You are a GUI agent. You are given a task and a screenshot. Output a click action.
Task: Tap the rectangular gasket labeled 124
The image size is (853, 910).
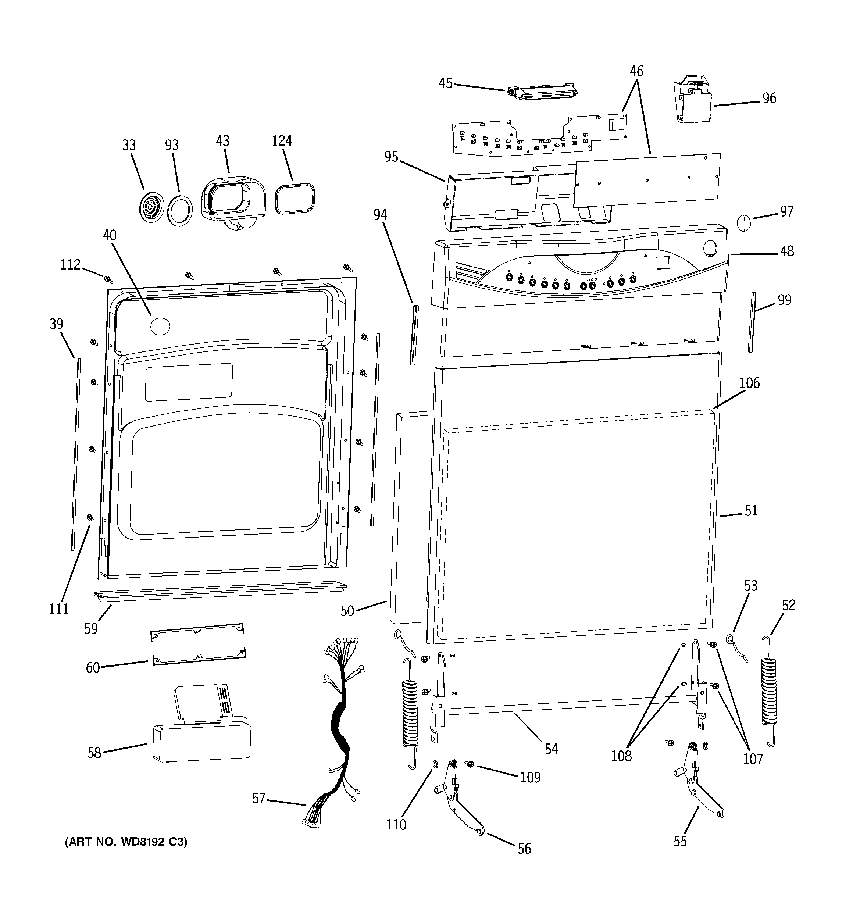pos(295,198)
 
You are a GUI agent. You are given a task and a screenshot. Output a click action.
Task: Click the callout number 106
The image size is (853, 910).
pos(749,383)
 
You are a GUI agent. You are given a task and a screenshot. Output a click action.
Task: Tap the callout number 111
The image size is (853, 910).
pos(58,609)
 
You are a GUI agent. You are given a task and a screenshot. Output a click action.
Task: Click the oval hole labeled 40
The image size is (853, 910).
pos(160,326)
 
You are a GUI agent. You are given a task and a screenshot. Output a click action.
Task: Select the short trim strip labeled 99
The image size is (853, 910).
pos(752,322)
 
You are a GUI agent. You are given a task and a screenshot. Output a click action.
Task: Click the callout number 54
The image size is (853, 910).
pos(551,749)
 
